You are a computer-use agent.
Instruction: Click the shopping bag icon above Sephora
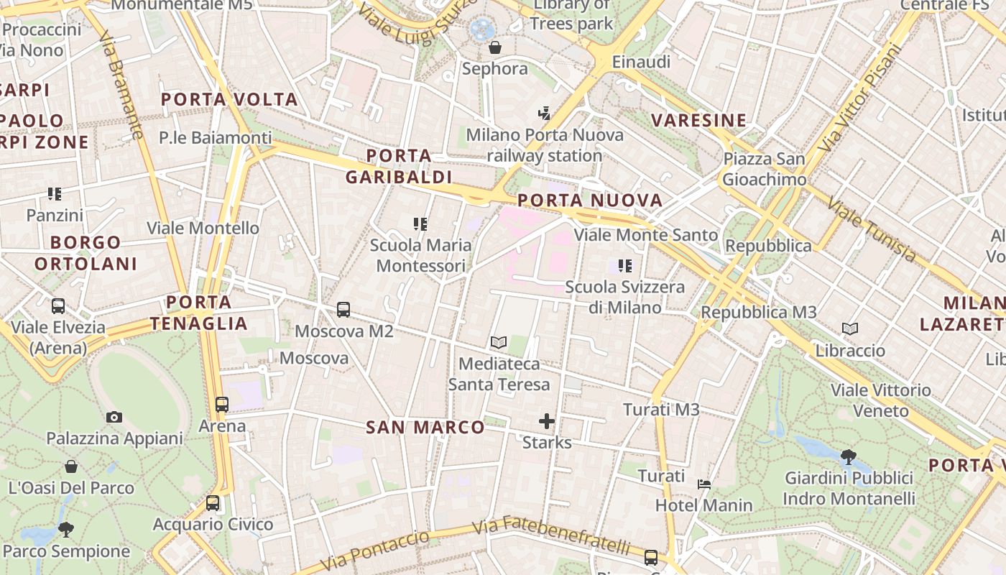click(495, 48)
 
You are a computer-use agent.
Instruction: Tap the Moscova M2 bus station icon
click(343, 310)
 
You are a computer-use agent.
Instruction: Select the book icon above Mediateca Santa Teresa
click(499, 343)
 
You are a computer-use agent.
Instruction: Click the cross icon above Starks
click(547, 421)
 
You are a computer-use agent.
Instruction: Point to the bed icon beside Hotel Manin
click(704, 484)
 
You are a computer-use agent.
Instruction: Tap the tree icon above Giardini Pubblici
click(849, 456)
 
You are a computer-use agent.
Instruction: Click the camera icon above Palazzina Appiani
click(114, 417)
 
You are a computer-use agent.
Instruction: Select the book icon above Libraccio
click(850, 329)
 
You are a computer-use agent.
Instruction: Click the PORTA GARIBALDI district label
click(399, 166)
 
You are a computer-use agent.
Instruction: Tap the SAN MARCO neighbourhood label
click(425, 428)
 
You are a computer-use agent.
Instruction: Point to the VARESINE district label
click(699, 120)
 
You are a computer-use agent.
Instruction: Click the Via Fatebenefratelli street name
click(552, 535)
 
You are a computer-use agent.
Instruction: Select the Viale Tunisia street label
click(872, 230)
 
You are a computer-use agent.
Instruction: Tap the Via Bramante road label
click(121, 84)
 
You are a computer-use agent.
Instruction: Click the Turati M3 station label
click(661, 410)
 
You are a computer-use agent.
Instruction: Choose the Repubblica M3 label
click(759, 313)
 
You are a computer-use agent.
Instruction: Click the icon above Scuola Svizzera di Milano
click(625, 266)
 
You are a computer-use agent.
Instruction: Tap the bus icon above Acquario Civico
click(213, 503)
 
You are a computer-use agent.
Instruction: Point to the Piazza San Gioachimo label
click(765, 169)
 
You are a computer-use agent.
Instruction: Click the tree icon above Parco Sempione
click(66, 530)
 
